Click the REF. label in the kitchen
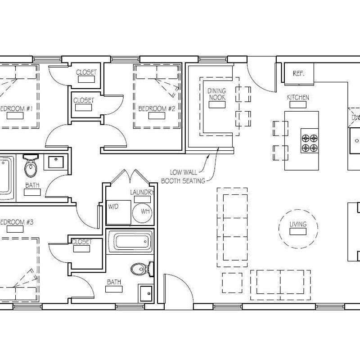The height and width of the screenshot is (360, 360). (x=299, y=73)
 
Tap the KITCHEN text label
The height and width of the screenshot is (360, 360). (x=298, y=98)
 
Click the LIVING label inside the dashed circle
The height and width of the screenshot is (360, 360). (x=298, y=225)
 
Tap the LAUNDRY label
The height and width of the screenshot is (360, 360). (x=142, y=193)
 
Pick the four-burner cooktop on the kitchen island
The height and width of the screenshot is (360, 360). (x=310, y=142)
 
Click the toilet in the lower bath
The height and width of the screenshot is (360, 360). (x=140, y=270)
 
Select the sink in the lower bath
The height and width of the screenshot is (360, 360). (x=145, y=293)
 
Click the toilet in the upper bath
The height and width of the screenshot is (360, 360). (x=31, y=167)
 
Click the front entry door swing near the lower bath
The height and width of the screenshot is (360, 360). (x=173, y=288)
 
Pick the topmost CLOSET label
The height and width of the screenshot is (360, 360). (x=86, y=72)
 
